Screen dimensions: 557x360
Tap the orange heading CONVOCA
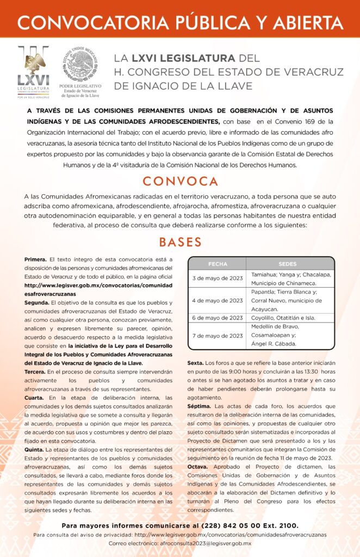[x=180, y=181]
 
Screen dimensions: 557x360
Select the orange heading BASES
[x=180, y=242]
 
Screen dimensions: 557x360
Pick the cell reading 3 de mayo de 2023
[x=218, y=278]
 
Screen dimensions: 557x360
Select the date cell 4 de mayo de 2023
[x=218, y=300]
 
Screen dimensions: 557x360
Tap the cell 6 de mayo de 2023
[x=218, y=318]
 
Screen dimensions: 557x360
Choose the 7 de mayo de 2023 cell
[x=218, y=336]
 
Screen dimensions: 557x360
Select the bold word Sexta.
[x=196, y=362]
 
